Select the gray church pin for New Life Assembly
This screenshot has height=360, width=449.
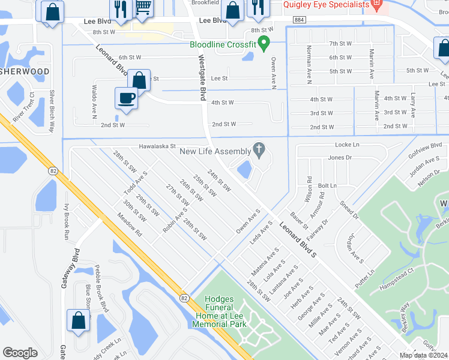[259, 149]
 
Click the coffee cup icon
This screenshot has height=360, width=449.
[126, 98]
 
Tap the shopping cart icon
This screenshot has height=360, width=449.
[142, 7]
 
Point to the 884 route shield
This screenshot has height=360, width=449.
[298, 20]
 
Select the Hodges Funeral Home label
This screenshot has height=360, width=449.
[219, 311]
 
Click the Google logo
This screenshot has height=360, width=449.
[20, 353]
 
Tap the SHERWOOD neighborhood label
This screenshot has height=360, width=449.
[25, 71]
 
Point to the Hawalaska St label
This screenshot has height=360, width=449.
[148, 145]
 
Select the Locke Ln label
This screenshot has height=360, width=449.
[346, 145]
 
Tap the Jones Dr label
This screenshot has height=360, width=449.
[340, 157]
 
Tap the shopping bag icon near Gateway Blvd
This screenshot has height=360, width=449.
[79, 321]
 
